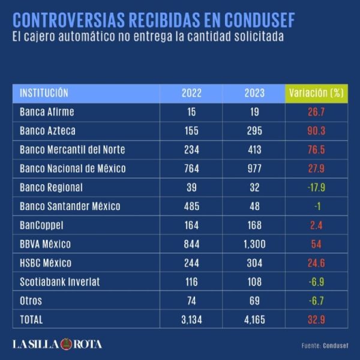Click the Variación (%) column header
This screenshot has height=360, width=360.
316,93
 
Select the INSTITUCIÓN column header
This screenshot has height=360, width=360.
44,93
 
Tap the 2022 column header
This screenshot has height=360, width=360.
191,93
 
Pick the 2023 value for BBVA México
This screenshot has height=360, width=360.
254,244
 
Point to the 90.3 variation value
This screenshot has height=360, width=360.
316,131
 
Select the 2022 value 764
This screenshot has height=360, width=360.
191,169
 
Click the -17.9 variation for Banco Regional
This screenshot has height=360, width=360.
316,187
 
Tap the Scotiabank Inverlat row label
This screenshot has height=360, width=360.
59,282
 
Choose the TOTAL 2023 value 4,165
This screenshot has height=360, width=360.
254,320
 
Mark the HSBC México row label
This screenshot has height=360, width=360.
46,263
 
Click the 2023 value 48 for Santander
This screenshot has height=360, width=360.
254,206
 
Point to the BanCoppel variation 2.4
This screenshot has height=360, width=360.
316,225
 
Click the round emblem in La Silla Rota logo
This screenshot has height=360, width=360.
64,344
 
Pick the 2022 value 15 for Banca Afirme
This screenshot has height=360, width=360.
191,112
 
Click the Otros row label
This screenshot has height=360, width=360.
32,301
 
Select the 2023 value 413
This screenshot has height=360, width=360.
254,149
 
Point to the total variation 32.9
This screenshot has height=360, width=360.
316,320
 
